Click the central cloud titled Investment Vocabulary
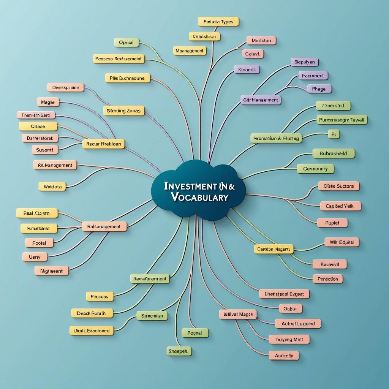pyautogui.click(x=199, y=191)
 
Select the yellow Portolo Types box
pyautogui.click(x=218, y=22)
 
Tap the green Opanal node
pyautogui.click(x=127, y=43)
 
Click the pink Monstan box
pyautogui.click(x=261, y=40)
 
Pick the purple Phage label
pyautogui.click(x=319, y=89)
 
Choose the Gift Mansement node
pyautogui.click(x=261, y=100)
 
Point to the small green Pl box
pyautogui.click(x=334, y=134)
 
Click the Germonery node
pyautogui.click(x=315, y=169)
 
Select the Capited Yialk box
pyautogui.click(x=340, y=206)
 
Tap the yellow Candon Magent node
pyautogui.click(x=274, y=249)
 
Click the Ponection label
pyautogui.click(x=327, y=279)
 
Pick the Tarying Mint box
pyautogui.click(x=289, y=340)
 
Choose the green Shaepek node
pyautogui.click(x=179, y=351)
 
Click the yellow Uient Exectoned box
pyautogui.click(x=92, y=330)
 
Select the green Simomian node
pyautogui.click(x=152, y=316)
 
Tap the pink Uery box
pyautogui.click(x=35, y=257)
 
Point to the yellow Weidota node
pyautogui.click(x=52, y=187)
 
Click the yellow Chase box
pyautogui.click(x=38, y=126)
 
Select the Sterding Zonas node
pyautogui.click(x=123, y=111)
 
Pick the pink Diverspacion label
pyautogui.click(x=66, y=87)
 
